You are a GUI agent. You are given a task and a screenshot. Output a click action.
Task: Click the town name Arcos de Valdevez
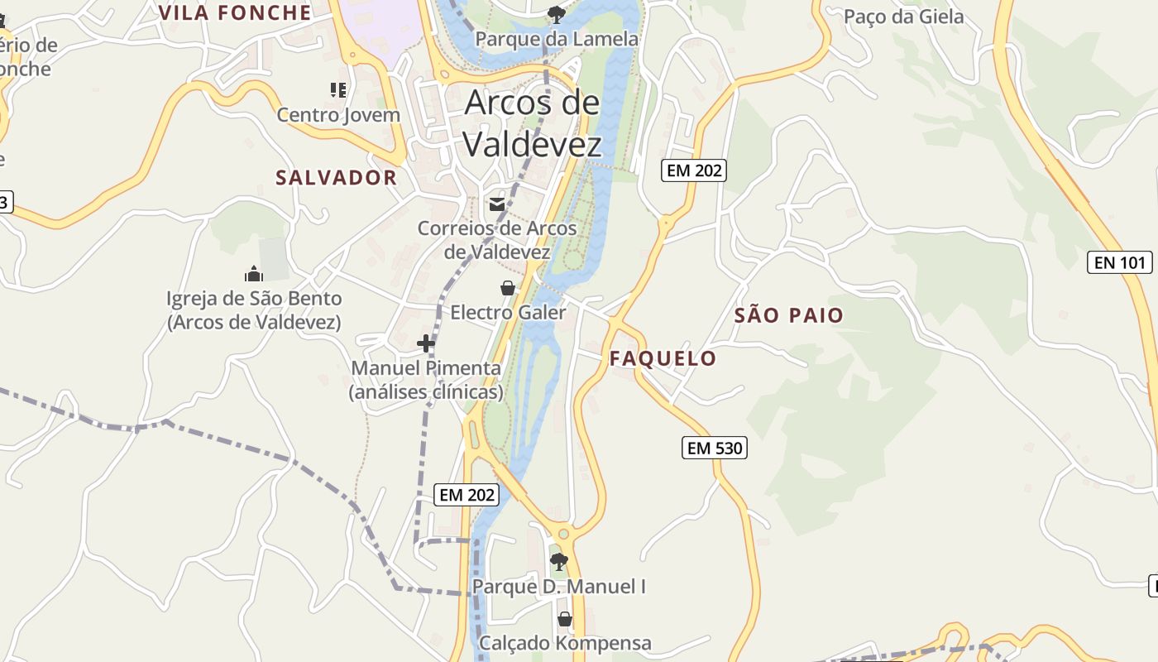coord(532,123)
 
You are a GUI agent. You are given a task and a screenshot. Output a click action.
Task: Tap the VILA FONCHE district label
coord(235,12)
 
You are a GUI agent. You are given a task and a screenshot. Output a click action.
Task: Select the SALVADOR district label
coord(337,178)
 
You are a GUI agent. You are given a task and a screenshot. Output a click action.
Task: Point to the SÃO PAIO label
coord(789,315)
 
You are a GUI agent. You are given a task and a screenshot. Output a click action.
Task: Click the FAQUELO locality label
coord(663,358)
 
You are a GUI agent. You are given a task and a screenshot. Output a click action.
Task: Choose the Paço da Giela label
coord(903,17)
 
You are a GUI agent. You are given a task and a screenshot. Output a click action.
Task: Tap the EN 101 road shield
coord(1119,263)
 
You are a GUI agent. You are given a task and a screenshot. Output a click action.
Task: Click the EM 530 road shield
coord(715,449)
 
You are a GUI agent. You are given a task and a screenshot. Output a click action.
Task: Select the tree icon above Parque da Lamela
coord(556,14)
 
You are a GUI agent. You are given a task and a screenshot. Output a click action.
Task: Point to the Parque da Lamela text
coord(557,39)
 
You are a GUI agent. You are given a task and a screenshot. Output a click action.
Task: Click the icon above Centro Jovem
coord(337,89)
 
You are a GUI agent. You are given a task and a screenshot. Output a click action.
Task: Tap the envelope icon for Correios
coord(496,204)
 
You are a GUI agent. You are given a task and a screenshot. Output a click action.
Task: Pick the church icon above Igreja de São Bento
coord(253,274)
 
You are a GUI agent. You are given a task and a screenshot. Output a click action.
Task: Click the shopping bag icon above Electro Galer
coord(508,288)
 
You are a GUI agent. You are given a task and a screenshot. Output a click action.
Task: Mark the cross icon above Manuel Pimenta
coord(426,343)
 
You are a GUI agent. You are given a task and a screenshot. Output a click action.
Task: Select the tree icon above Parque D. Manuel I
coord(559,562)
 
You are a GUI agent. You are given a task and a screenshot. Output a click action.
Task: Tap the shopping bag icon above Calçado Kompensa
coord(565,619)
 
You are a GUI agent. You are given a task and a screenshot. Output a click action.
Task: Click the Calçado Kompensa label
coord(565,643)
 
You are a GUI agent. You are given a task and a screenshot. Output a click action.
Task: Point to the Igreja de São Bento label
coord(254,309)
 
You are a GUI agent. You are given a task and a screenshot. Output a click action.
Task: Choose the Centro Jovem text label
coord(338,115)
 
